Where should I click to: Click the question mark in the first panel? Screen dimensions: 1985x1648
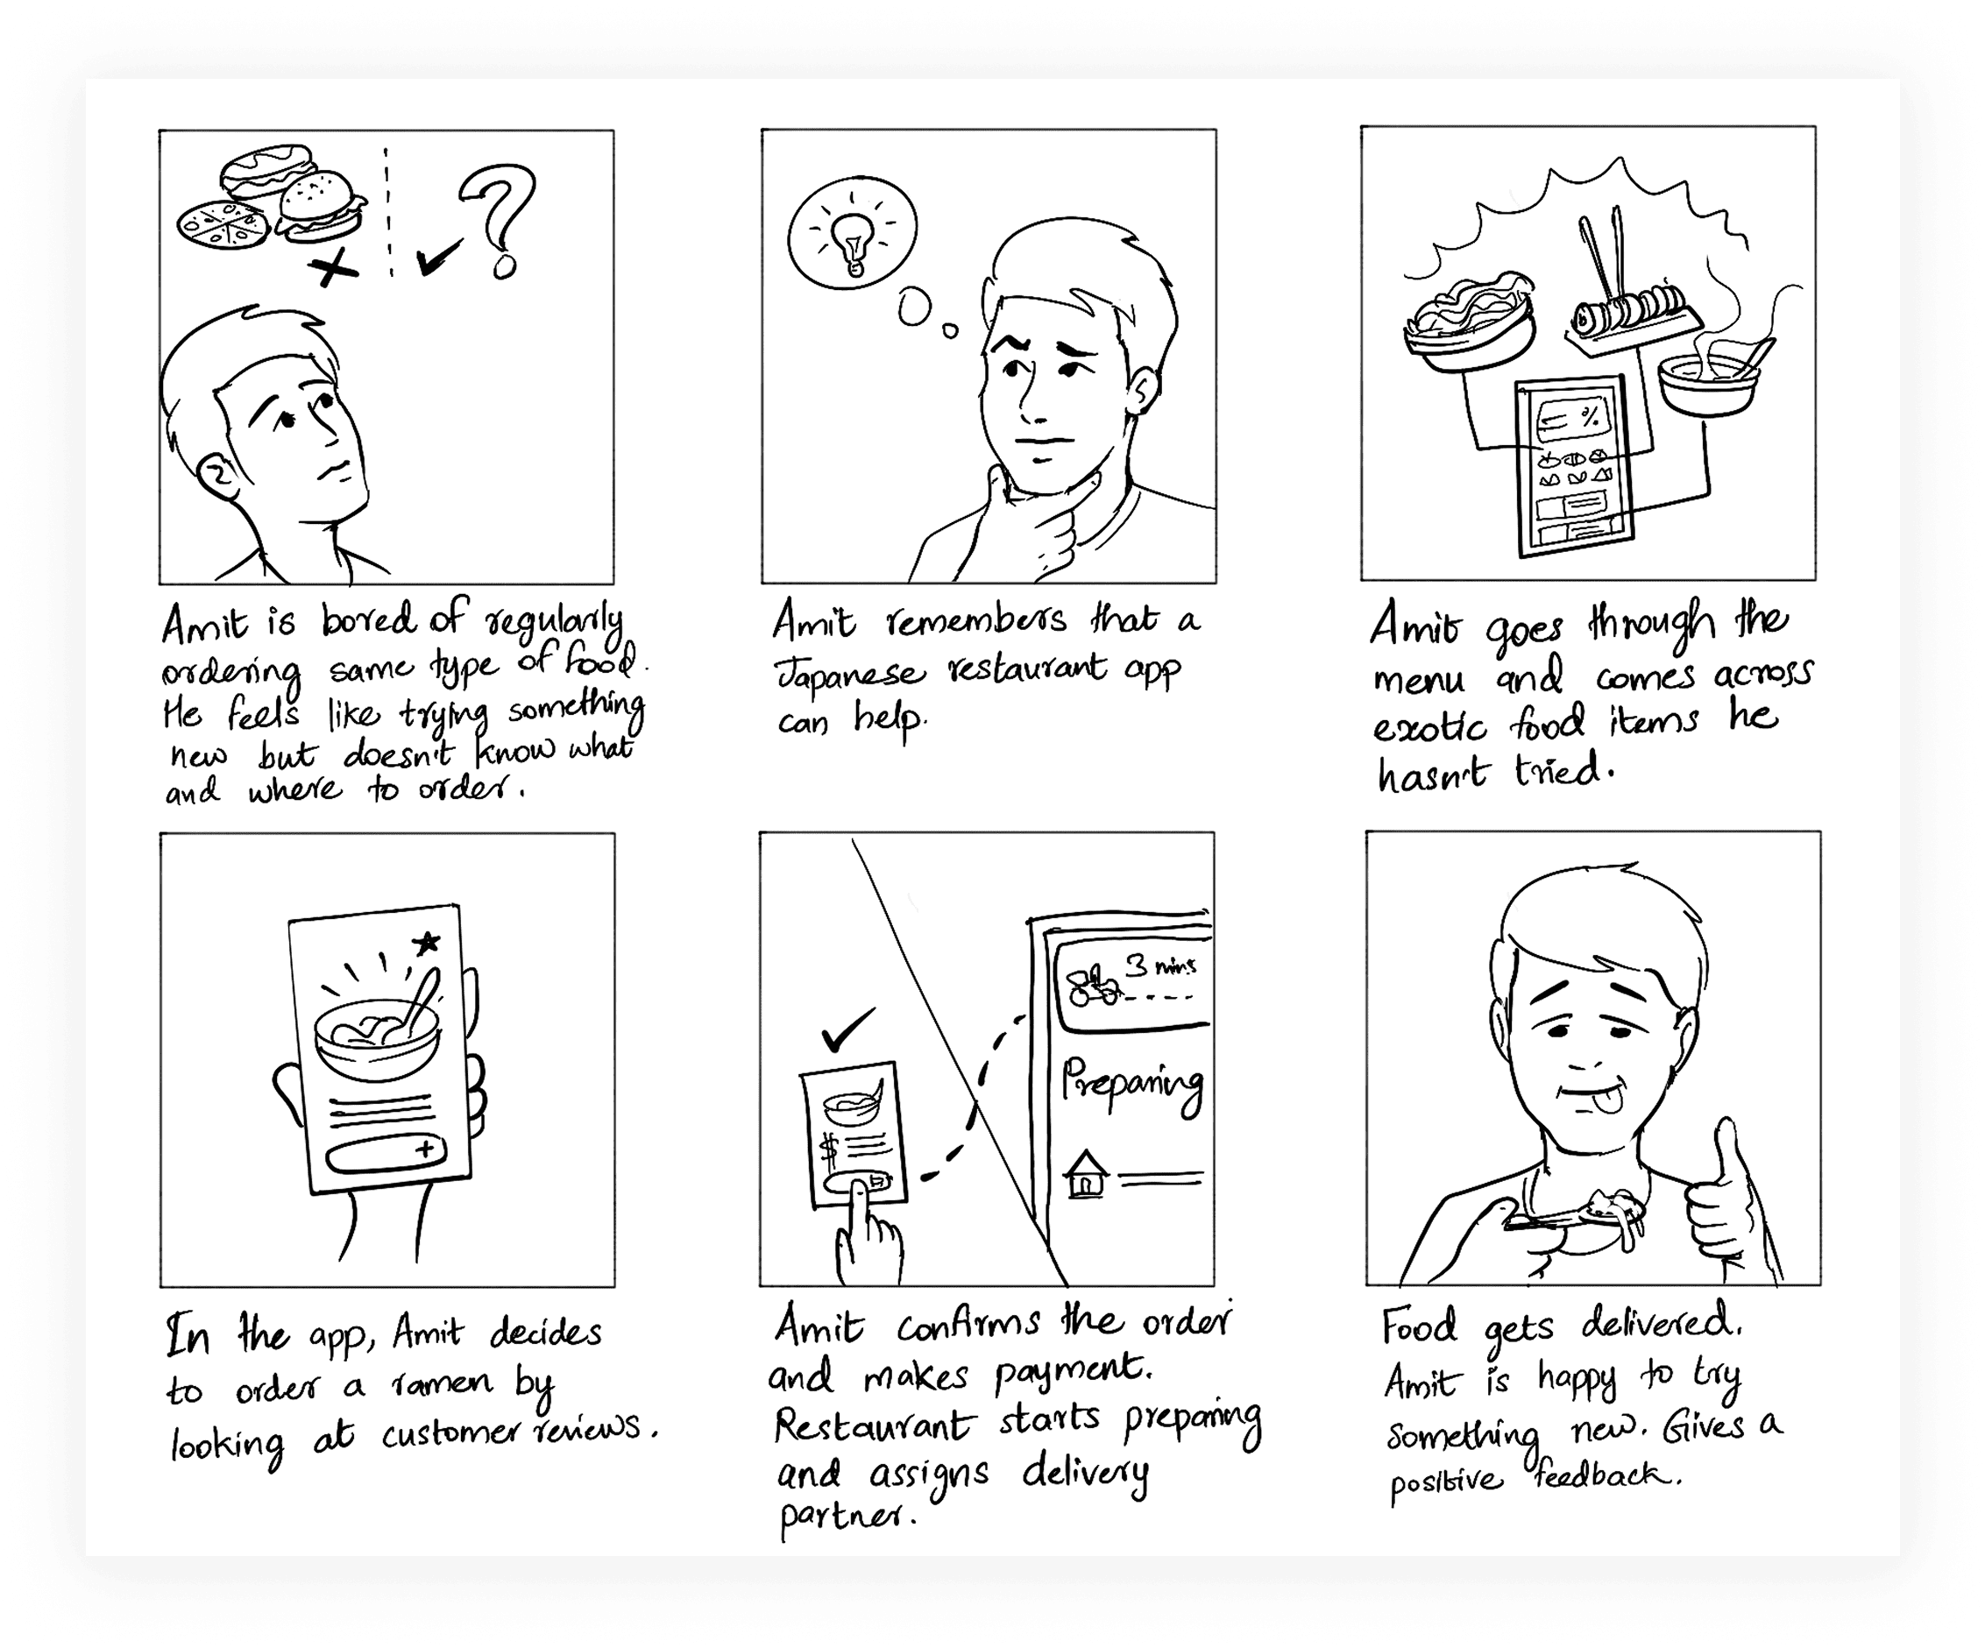tap(499, 219)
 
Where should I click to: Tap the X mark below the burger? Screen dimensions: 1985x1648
tap(333, 267)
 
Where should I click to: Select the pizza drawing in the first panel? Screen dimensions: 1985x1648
tap(223, 225)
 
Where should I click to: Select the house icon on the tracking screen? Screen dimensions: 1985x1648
tap(1086, 1174)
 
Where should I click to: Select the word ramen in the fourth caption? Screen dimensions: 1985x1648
tap(443, 1384)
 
